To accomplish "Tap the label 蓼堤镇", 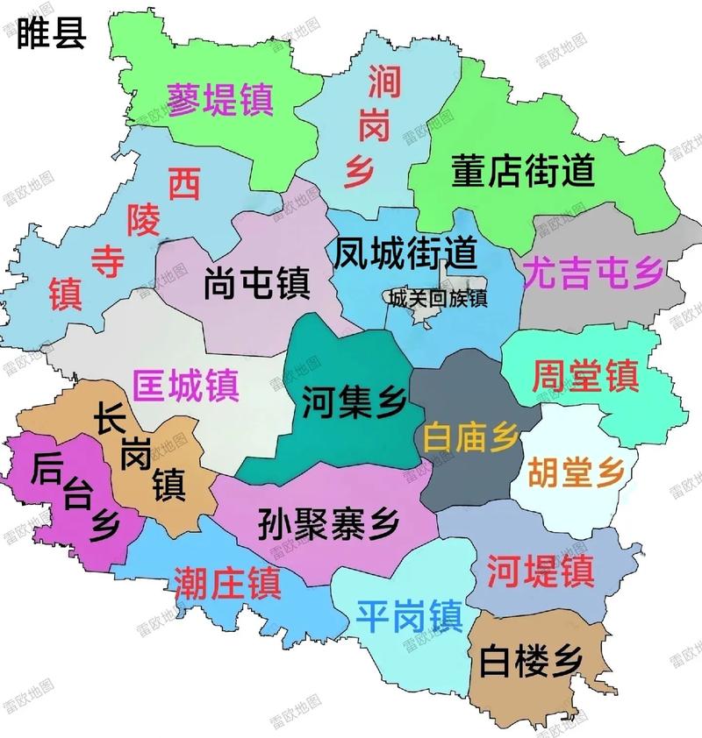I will click(x=221, y=99).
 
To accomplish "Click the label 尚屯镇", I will click(x=254, y=283).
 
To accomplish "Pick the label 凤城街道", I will click(x=405, y=253).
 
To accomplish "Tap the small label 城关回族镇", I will click(x=435, y=298).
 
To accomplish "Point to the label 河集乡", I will click(x=354, y=402).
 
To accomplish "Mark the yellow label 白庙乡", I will click(x=470, y=436).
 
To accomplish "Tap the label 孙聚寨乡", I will click(x=329, y=525).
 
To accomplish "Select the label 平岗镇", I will click(x=409, y=615).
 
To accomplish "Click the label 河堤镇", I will click(x=541, y=570).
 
